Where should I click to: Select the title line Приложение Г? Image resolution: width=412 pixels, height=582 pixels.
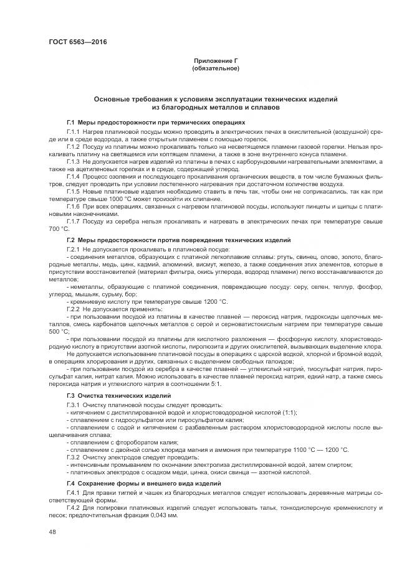click(x=216, y=60)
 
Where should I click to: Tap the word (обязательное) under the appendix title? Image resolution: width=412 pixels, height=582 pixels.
click(x=216, y=68)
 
